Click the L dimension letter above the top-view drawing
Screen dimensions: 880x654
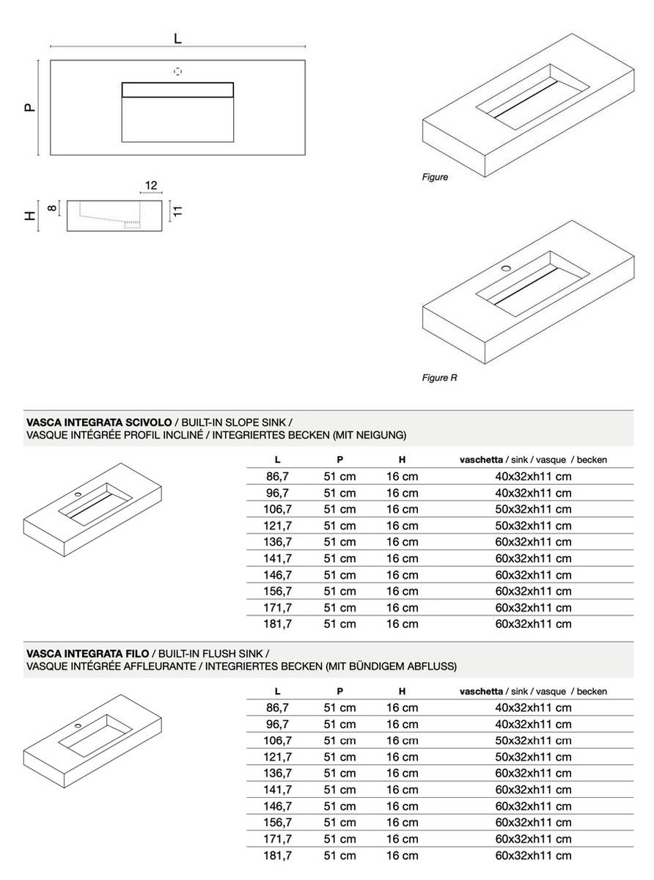[x=177, y=39]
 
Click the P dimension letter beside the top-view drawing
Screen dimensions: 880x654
[x=29, y=107]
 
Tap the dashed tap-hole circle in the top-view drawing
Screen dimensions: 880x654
[x=177, y=71]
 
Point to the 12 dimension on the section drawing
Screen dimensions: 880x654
[x=151, y=186]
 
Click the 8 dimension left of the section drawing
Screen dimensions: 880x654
[x=52, y=208]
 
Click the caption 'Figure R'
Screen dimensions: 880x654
[x=439, y=378]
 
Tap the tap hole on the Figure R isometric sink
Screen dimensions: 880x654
[x=505, y=269]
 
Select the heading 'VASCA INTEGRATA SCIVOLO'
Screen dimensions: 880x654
[x=99, y=423]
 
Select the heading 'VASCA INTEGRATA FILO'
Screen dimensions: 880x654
[x=87, y=653]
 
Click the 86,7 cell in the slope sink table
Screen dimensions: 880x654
[x=278, y=477]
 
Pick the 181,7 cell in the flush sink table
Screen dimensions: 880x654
[x=278, y=856]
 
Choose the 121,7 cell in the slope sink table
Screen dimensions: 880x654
[x=278, y=526]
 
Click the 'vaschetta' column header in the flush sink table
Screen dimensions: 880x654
[x=481, y=692]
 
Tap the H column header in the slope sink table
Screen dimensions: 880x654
[x=402, y=460]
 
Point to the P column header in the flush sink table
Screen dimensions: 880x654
[x=340, y=692]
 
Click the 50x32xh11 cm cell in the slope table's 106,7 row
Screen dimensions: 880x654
[x=533, y=510]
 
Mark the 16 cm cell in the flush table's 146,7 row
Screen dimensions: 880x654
[x=402, y=806]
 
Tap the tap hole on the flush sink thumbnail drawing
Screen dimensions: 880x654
[x=78, y=725]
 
